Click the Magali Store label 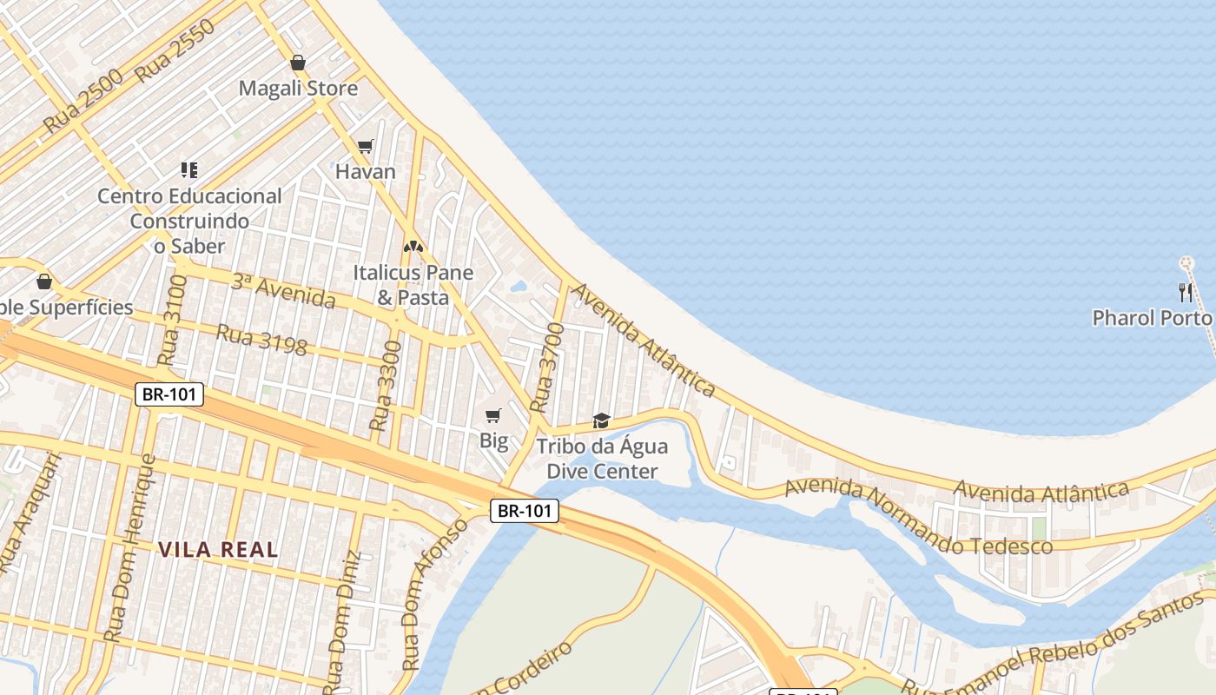coord(298,89)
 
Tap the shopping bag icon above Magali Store coord(298,63)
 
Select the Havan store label coord(366,171)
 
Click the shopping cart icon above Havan coord(366,147)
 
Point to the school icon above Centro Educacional coord(189,169)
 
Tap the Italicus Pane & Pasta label coord(413,285)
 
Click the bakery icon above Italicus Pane coord(413,248)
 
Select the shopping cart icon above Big coord(493,416)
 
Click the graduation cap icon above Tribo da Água coord(601,421)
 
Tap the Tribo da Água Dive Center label coord(602,460)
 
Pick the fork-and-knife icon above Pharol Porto coord(1186,292)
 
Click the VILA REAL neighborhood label coord(219,549)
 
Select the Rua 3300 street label coord(386,387)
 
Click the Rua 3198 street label coord(261,340)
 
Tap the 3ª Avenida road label coord(283,291)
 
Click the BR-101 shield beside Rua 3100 coord(170,394)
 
